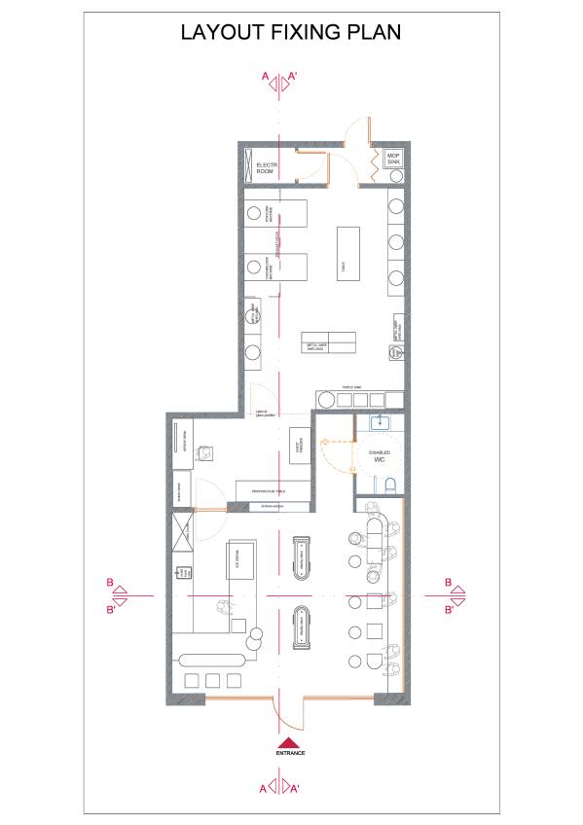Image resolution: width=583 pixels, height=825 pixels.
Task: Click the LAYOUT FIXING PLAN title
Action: [291, 32]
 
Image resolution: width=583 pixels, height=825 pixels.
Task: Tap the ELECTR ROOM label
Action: [268, 169]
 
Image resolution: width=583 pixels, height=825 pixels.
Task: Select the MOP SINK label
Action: [394, 158]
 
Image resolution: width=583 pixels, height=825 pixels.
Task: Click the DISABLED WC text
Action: [380, 455]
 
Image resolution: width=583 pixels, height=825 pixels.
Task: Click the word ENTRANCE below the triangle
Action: [291, 753]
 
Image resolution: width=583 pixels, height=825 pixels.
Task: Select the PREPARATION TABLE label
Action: [274, 492]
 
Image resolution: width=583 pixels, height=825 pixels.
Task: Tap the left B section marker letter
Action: [111, 583]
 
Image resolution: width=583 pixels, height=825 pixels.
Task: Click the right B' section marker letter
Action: [449, 610]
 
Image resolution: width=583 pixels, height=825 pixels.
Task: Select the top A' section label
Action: [294, 74]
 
